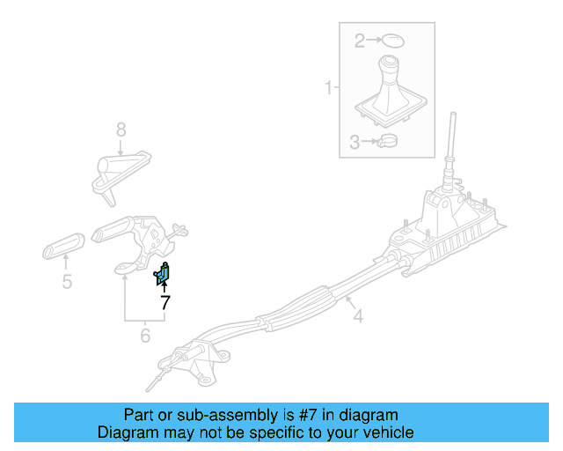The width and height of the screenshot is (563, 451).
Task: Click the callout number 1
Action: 328,88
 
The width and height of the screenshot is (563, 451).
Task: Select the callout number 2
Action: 359,40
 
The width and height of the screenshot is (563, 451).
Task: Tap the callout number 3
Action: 355,142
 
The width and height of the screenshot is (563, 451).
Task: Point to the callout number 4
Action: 358,313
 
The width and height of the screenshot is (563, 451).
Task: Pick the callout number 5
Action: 66,282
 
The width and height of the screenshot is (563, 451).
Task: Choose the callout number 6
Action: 145,335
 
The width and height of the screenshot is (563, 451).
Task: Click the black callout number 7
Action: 165,302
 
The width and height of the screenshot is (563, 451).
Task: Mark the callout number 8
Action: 121,130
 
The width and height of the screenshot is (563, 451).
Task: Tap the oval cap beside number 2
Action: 391,40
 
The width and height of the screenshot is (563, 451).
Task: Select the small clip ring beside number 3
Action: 386,141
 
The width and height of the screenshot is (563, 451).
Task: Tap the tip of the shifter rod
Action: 453,117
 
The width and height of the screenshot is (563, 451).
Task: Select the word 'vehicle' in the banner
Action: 388,433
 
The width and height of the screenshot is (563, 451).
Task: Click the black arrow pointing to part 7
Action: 165,286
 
